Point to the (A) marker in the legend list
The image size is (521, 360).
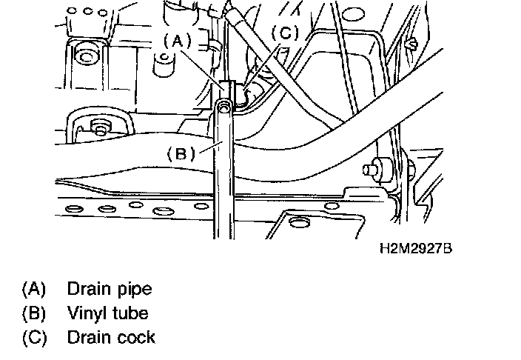click(x=34, y=287)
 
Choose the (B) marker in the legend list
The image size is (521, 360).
click(x=34, y=313)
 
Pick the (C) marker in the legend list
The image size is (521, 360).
click(x=34, y=338)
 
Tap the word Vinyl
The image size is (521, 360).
click(x=87, y=313)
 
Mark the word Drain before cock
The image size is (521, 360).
click(x=87, y=338)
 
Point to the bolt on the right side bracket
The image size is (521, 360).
click(x=368, y=170)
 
